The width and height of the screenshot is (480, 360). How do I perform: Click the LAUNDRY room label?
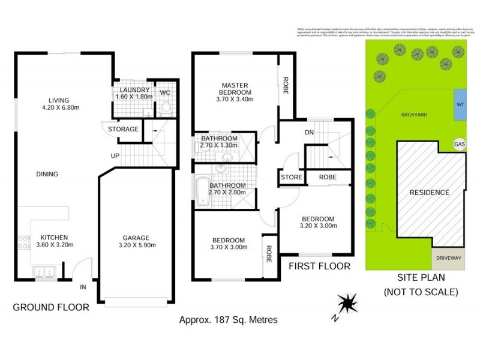[130, 90]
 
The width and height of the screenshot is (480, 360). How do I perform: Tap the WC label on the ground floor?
[164, 93]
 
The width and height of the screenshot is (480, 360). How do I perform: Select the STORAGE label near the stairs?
[123, 129]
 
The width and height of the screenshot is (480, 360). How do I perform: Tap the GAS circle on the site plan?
[459, 145]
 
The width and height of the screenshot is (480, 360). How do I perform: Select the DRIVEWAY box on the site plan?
[448, 258]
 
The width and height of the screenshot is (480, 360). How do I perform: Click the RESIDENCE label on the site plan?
[429, 193]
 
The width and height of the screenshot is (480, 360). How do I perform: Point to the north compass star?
[346, 302]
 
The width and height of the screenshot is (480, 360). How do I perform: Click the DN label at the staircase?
[310, 132]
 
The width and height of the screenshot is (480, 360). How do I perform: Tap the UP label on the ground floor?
[113, 155]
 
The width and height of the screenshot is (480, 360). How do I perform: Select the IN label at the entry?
[83, 287]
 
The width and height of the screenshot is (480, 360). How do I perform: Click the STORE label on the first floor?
[292, 178]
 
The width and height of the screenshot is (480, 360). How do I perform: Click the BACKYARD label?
[414, 114]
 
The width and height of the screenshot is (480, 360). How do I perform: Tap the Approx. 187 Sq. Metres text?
[229, 320]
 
